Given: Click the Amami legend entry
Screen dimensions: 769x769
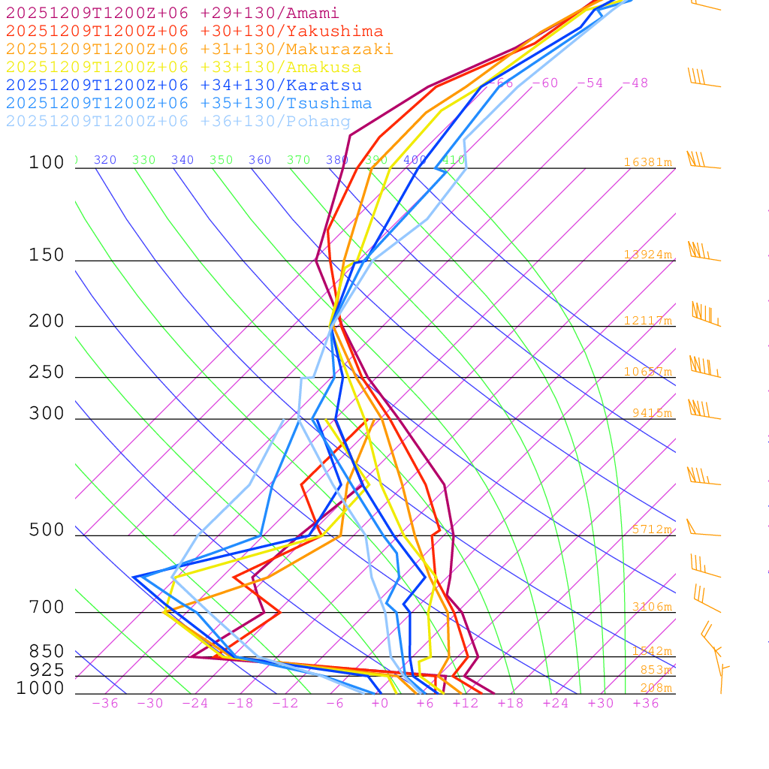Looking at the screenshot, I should click(172, 14).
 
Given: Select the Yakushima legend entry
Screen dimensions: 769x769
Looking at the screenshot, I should click(194, 32).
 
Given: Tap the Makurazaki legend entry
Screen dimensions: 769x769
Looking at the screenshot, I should click(199, 50).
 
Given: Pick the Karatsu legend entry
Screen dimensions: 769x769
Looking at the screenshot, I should click(183, 86).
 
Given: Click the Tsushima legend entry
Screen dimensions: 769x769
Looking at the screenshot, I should click(188, 104).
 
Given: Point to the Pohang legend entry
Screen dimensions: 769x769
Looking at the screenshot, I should click(178, 122).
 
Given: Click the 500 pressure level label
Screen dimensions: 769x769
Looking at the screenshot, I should click(47, 530).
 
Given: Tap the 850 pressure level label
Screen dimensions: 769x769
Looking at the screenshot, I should click(47, 651).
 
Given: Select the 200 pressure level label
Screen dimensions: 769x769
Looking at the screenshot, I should click(47, 321).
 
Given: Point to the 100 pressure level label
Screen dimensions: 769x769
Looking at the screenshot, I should click(47, 163).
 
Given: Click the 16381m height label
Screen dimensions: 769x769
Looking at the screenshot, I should click(648, 162).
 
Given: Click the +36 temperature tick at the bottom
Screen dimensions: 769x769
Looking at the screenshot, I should click(646, 704).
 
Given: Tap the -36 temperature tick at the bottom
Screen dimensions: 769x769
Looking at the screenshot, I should click(105, 704).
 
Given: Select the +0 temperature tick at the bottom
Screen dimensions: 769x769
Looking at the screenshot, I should click(380, 704).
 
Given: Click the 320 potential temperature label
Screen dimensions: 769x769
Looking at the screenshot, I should click(105, 160).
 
